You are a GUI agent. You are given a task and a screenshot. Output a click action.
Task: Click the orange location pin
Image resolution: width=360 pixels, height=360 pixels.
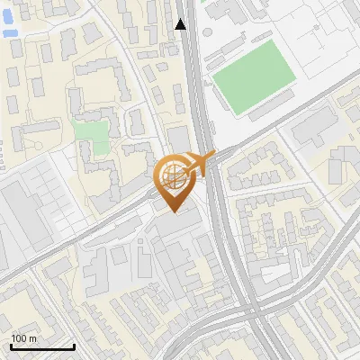tap(175, 184)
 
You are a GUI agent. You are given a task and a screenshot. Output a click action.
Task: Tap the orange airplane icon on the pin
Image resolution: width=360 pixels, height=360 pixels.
tap(200, 163)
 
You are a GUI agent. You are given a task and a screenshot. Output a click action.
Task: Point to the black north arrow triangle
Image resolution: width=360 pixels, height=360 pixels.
tap(181, 24)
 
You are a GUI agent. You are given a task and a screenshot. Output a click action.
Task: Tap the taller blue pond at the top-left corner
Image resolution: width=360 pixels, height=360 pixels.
tap(10, 13)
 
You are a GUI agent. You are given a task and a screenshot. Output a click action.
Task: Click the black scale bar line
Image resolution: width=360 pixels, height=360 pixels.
tap(42, 346)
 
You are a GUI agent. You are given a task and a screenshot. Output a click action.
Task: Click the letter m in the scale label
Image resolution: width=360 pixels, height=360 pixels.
tap(33, 338)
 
